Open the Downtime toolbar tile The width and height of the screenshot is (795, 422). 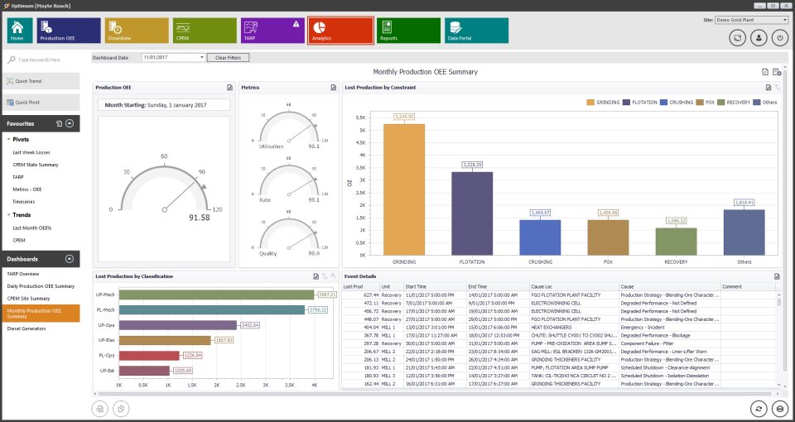coord(137,31)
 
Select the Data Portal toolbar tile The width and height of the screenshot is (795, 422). coord(476,31)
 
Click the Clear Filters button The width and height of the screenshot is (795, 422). coord(228,57)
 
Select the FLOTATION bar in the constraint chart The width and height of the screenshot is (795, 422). coord(472,213)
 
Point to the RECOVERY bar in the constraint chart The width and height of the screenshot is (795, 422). coord(677,241)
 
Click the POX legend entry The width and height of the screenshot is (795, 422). coord(706,103)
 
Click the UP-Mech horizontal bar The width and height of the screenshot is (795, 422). coord(216,294)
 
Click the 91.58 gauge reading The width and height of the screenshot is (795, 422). coord(200,217)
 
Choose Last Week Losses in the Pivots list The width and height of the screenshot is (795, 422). coord(31,152)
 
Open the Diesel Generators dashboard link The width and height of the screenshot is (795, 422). coord(26,328)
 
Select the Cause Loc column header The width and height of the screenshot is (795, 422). coord(542,286)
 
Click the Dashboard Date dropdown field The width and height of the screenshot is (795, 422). coord(172,57)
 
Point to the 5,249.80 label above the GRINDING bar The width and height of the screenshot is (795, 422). coord(404,117)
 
